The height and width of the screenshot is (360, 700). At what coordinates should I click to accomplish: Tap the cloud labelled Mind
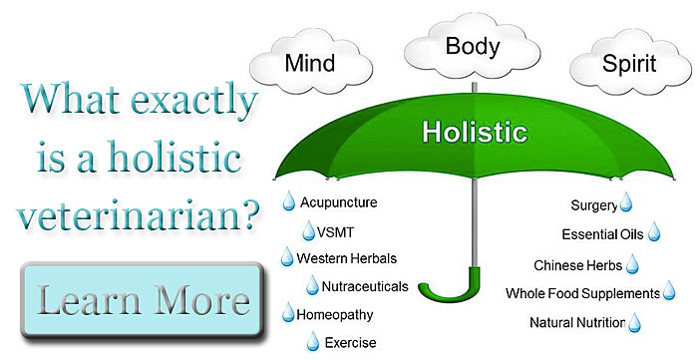(x=310, y=64)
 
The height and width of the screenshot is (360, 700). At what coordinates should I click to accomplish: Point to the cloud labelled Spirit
(x=629, y=64)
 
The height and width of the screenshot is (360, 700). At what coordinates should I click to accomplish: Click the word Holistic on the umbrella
(x=475, y=133)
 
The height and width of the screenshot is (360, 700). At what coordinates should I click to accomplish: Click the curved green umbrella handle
(x=451, y=289)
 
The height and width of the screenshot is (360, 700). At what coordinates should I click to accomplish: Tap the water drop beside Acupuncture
(x=289, y=201)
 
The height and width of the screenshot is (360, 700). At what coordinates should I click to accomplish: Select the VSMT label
(x=335, y=232)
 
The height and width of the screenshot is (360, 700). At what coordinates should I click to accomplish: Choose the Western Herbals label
(x=346, y=258)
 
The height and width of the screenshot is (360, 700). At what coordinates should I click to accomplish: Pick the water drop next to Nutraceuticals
(x=312, y=286)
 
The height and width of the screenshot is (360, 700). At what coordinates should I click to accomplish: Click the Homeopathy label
(x=335, y=315)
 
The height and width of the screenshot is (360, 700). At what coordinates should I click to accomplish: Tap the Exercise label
(x=350, y=343)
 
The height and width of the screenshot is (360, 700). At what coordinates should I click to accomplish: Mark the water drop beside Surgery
(x=626, y=201)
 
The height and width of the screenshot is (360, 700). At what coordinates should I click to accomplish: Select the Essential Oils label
(x=602, y=234)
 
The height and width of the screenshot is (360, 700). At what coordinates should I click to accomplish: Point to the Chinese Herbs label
(x=577, y=265)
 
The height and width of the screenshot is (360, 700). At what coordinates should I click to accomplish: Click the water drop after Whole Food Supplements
(x=669, y=290)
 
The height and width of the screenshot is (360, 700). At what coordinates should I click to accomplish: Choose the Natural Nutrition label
(x=577, y=322)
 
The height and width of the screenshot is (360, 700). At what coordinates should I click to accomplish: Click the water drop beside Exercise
(x=313, y=342)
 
